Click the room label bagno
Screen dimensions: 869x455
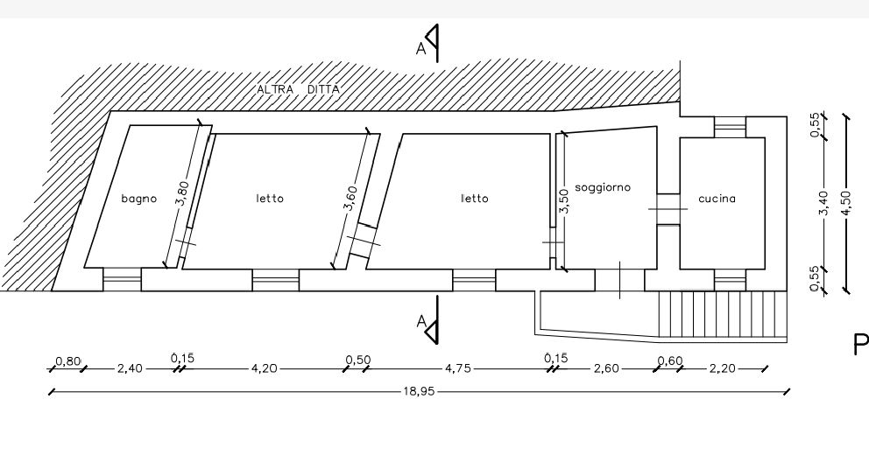pyautogui.click(x=139, y=199)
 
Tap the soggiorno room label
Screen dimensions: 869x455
pyautogui.click(x=603, y=187)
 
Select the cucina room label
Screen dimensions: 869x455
pyautogui.click(x=717, y=199)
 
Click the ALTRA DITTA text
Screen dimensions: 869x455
pyautogui.click(x=298, y=89)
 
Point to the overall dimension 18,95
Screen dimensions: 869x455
pyautogui.click(x=419, y=392)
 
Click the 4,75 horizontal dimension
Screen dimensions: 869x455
pyautogui.click(x=458, y=368)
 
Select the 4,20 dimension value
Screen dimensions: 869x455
pyautogui.click(x=264, y=368)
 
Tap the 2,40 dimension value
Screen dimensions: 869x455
pyautogui.click(x=130, y=368)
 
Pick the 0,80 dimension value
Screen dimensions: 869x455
pyautogui.click(x=68, y=361)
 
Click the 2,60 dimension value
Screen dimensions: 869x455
pyautogui.click(x=606, y=368)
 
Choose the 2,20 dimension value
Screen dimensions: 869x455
pyautogui.click(x=722, y=368)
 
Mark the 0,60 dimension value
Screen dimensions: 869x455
pyautogui.click(x=670, y=360)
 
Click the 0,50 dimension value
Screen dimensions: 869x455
pyautogui.click(x=358, y=360)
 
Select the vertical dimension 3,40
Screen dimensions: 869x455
pyautogui.click(x=823, y=204)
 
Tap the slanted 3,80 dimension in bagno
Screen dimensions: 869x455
pyautogui.click(x=182, y=193)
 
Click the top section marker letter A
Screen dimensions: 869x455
pyautogui.click(x=420, y=49)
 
